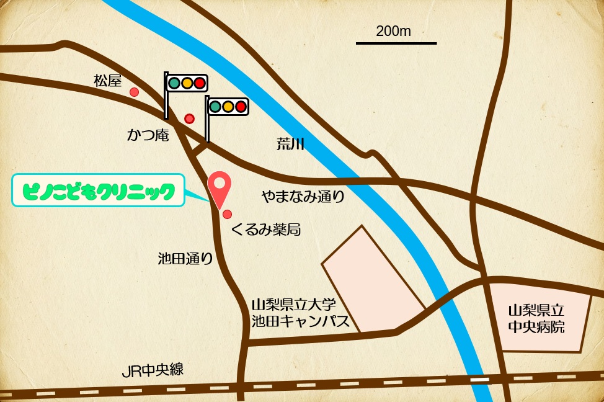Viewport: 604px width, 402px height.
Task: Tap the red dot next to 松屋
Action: [134, 92]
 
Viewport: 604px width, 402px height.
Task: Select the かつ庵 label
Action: [148, 135]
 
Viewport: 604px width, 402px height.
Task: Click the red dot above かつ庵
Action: [190, 118]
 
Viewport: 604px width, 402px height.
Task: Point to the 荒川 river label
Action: [290, 145]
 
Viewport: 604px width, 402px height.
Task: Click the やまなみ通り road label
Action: [302, 197]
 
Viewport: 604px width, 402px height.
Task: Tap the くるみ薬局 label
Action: [265, 230]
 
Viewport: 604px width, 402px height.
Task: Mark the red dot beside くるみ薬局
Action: [228, 215]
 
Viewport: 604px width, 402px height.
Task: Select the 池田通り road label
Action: [185, 259]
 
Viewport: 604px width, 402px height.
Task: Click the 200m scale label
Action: [393, 31]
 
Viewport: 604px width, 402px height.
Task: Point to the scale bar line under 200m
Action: [396, 43]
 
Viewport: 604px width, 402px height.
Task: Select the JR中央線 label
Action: [153, 371]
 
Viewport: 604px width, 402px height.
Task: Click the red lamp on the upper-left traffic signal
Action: [199, 83]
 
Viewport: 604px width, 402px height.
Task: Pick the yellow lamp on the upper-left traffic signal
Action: [187, 83]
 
